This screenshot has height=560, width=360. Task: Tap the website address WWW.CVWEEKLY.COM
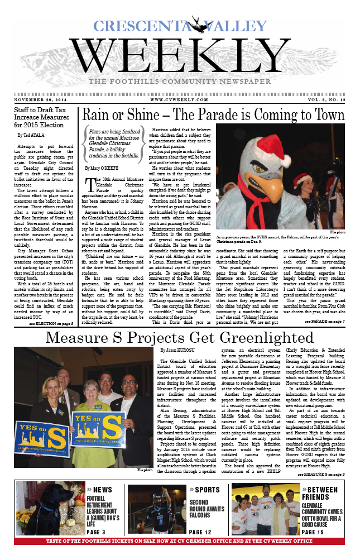point(179,100)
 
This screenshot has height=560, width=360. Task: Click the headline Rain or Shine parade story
point(213,116)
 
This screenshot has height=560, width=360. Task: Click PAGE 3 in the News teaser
point(99,532)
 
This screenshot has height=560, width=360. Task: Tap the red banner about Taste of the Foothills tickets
point(180,541)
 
